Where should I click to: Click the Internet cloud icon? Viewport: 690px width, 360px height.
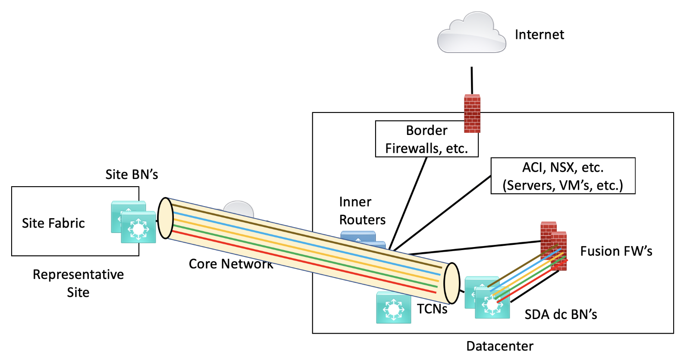471,34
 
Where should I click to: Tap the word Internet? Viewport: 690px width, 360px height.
539,34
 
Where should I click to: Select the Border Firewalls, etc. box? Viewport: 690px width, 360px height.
427,139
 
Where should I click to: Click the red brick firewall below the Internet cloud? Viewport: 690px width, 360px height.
472,113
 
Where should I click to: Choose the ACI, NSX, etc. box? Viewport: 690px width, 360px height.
563,176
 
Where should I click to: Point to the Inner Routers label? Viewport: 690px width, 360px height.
362,211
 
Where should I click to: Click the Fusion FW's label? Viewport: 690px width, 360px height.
616,251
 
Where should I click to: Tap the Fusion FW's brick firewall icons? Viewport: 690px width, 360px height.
554,246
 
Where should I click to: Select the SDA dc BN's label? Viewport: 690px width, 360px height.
561,315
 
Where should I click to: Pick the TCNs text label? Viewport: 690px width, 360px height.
432,309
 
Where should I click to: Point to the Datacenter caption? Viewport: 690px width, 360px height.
500,346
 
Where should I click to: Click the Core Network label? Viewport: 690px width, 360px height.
231,264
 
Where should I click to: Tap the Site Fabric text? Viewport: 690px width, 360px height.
53,223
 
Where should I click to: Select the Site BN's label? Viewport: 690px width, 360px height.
132,175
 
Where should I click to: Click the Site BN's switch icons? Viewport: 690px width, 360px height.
134,222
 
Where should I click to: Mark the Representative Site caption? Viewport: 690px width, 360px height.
78,283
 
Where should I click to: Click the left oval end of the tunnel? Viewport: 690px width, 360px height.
165,218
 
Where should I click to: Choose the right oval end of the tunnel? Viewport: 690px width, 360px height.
452,283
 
